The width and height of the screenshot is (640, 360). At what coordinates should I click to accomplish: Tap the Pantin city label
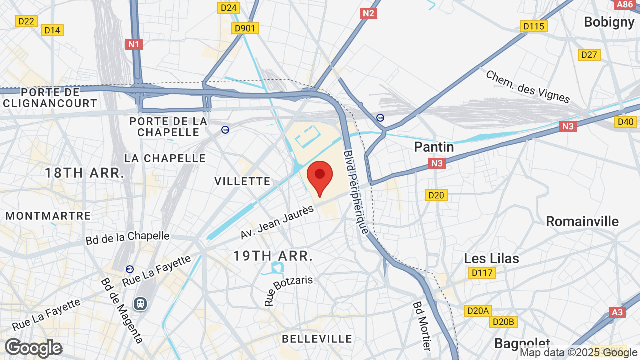point(434,147)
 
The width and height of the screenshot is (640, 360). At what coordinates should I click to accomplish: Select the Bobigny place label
point(609,22)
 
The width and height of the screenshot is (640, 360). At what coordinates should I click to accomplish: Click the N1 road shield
point(134,44)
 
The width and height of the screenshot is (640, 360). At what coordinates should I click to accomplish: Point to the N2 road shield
point(368,13)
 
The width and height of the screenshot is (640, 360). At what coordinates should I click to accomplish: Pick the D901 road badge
point(245,28)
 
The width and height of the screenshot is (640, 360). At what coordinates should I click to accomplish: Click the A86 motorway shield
point(625,5)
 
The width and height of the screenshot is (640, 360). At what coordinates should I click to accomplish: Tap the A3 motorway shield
point(618,312)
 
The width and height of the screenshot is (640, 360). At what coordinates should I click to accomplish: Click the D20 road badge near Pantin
point(436,195)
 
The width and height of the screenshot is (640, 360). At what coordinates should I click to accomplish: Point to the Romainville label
point(582,221)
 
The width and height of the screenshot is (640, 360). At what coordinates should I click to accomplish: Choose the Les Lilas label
point(491,258)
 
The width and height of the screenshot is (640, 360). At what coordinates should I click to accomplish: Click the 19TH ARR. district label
point(273,256)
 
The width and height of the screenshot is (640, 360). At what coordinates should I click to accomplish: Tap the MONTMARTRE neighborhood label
point(48,216)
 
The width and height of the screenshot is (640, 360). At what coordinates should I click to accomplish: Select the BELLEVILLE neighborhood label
point(317,339)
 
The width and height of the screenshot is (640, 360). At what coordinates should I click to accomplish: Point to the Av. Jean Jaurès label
point(277,222)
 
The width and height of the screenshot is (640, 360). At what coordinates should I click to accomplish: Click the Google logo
point(33,348)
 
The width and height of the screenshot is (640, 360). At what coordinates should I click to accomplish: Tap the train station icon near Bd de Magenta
point(140,303)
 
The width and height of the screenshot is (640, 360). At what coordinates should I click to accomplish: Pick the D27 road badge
point(589,55)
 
